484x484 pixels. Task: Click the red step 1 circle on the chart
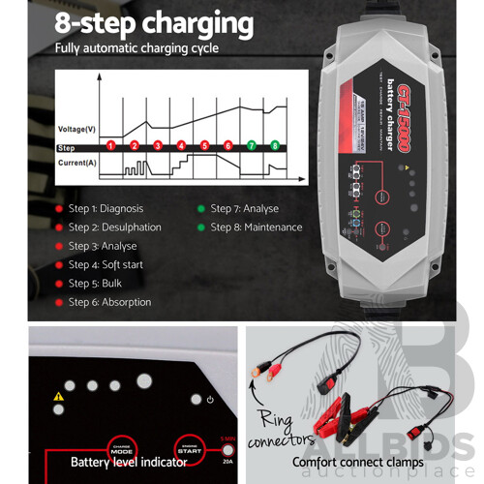[110, 146]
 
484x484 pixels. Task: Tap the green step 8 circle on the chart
[275, 146]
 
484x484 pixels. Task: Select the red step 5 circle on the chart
[204, 146]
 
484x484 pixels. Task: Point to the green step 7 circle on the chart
[252, 146]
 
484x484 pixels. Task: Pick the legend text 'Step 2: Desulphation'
[114, 227]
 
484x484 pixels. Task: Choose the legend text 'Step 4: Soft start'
[106, 264]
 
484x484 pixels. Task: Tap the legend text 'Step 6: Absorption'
[109, 302]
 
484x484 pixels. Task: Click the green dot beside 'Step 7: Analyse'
[200, 208]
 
